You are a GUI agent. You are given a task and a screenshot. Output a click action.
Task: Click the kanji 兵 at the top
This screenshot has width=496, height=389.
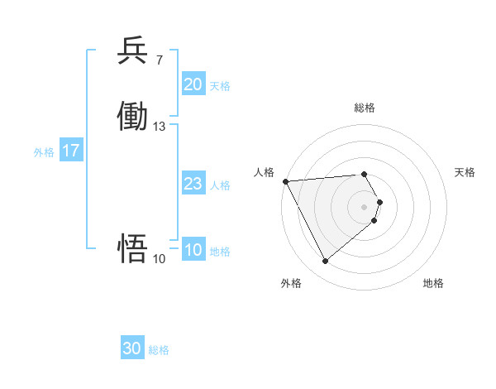click(132, 51)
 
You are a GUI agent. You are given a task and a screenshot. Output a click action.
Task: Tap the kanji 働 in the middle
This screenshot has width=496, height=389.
click(132, 117)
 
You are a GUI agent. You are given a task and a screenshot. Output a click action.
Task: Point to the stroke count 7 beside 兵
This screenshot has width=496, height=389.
click(159, 60)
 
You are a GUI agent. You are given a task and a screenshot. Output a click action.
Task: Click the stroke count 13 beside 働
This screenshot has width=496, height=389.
click(160, 127)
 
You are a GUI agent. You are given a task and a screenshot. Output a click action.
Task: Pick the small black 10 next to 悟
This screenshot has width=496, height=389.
click(160, 259)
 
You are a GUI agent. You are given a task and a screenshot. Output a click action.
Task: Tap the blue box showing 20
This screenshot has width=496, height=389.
click(193, 84)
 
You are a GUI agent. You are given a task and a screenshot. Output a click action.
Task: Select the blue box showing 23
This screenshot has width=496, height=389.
click(193, 185)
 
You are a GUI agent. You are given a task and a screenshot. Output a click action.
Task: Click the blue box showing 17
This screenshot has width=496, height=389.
click(71, 151)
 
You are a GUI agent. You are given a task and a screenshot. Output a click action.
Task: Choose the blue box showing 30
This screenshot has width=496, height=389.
click(132, 348)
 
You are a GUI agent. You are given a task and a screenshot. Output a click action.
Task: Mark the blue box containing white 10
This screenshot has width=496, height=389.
click(193, 250)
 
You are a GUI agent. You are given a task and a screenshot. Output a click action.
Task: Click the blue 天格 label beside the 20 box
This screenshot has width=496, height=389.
click(220, 86)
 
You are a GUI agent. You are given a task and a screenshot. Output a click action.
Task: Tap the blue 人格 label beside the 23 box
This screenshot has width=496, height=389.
click(220, 185)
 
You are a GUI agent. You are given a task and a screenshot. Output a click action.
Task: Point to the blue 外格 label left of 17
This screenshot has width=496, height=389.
click(44, 152)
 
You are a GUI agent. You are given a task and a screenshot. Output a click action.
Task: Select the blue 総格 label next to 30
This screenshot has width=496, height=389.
click(159, 350)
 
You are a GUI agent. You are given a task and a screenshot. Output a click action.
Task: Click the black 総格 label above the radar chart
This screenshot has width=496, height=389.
click(365, 108)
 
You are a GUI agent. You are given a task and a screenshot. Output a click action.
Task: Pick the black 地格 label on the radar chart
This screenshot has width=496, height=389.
click(433, 283)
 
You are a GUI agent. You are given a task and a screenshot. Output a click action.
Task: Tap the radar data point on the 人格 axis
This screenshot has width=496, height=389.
click(285, 181)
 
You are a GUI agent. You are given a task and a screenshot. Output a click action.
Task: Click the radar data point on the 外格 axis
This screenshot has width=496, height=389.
click(325, 262)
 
